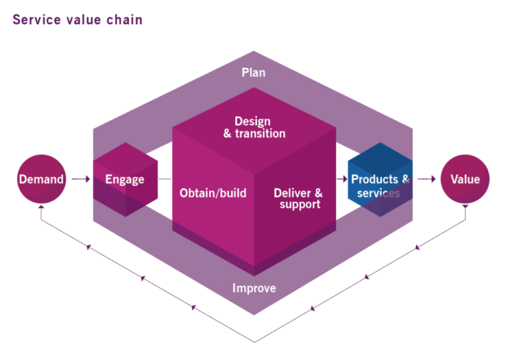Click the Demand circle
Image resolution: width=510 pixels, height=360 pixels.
click(41, 179)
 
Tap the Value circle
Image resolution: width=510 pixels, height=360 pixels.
click(465, 179)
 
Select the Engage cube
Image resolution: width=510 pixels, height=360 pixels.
click(126, 179)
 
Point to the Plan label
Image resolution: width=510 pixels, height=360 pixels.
click(253, 72)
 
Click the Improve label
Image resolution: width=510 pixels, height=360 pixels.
click(254, 288)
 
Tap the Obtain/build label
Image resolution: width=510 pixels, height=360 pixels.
click(212, 193)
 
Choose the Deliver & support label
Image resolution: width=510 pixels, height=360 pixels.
click(298, 198)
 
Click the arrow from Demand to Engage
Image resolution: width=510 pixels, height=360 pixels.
click(80, 179)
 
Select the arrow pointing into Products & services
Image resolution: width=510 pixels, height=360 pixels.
click(342, 179)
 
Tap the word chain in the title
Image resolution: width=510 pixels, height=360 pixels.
click(123, 19)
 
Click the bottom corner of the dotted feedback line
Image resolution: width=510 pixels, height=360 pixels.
click(254, 342)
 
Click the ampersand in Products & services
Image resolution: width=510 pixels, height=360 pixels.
click(405, 179)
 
